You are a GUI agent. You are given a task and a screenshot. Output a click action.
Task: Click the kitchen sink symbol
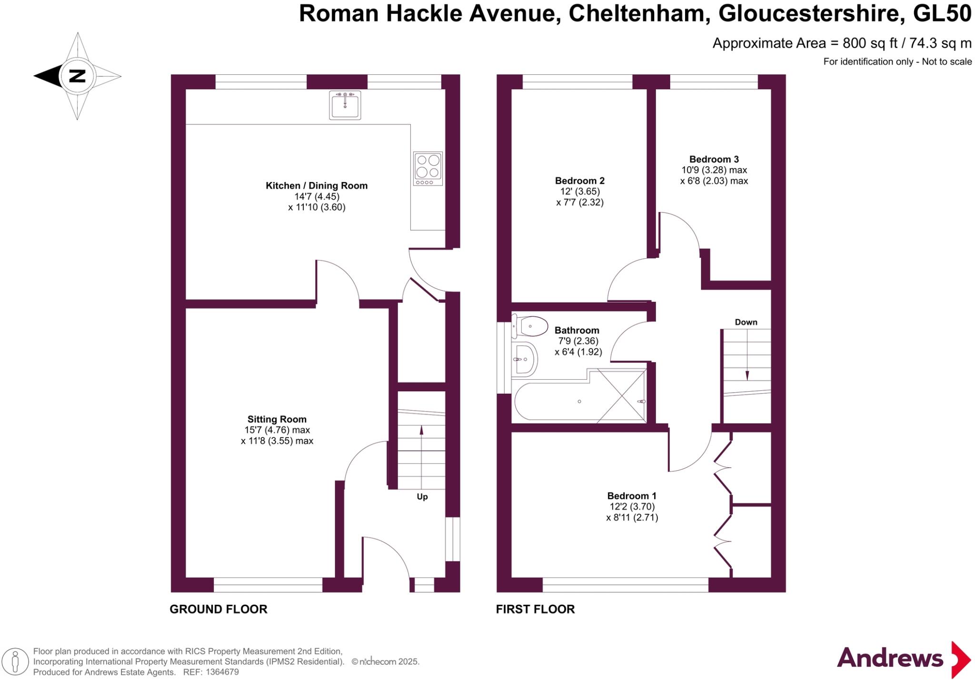click(x=345, y=105)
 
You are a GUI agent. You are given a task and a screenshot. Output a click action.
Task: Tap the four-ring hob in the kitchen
click(x=428, y=168)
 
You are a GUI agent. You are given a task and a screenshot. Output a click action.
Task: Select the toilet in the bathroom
click(x=529, y=326)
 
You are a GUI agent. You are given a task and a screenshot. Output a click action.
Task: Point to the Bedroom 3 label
click(x=714, y=159)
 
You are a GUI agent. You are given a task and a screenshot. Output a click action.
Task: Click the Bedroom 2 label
click(x=579, y=181)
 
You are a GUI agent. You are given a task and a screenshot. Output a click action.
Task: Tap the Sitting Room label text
click(x=277, y=419)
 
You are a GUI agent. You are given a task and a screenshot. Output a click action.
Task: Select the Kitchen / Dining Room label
click(x=316, y=186)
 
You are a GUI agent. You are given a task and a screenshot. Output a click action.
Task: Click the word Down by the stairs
click(x=746, y=322)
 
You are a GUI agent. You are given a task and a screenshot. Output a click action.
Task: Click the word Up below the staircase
click(x=422, y=497)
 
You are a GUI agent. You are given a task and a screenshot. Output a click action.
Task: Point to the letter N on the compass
click(x=77, y=76)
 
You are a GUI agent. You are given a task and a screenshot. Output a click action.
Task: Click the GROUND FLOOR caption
click(x=219, y=609)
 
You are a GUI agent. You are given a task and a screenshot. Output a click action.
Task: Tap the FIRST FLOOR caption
click(x=535, y=609)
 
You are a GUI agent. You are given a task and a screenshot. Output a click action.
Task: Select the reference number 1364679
click(x=221, y=672)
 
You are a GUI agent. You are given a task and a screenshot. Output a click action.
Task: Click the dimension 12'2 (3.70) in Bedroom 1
click(x=632, y=507)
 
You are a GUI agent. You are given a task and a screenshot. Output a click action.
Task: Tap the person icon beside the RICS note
click(x=15, y=662)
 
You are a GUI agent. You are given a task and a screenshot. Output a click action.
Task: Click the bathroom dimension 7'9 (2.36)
click(x=577, y=341)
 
